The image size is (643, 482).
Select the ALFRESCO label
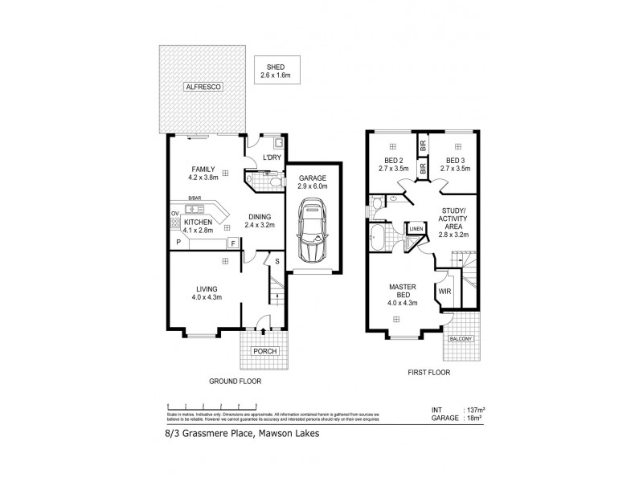coord(203,86)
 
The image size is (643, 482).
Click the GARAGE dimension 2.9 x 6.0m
coord(313,186)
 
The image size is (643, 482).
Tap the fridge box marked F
coord(232,242)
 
